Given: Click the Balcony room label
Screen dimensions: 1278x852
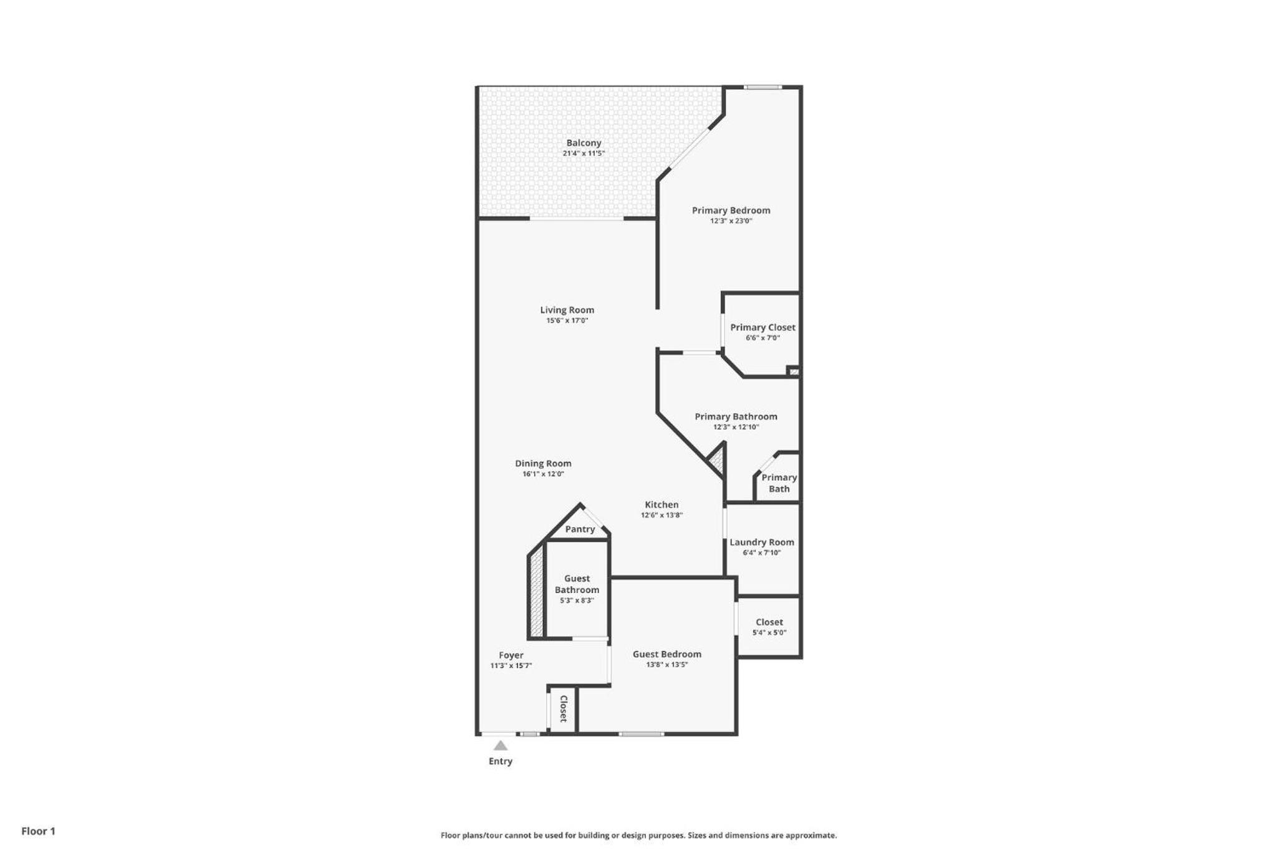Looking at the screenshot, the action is [583, 143].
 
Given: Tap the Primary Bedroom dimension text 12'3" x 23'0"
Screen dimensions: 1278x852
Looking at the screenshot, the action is [731, 221].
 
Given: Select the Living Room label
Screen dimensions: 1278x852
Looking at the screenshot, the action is [567, 310].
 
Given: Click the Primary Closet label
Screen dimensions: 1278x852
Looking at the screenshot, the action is [763, 328].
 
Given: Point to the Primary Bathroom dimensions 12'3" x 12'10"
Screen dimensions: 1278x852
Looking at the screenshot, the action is [736, 428].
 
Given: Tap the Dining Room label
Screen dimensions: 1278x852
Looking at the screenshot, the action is [543, 464].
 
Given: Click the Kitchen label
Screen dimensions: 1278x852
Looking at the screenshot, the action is [661, 505].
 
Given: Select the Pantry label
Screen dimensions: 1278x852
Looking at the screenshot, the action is [580, 529].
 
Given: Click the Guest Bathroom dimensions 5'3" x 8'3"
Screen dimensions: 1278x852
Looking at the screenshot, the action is [577, 600].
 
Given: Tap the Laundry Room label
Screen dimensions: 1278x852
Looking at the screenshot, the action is [762, 542].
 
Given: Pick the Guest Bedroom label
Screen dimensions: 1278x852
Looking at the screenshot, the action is [666, 654].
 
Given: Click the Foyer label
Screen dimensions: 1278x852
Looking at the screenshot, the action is [510, 655].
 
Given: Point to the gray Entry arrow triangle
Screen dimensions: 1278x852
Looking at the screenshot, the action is [500, 745].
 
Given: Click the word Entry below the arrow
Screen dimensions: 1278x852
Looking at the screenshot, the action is [500, 761].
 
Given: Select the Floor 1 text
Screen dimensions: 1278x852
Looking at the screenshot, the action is [38, 831].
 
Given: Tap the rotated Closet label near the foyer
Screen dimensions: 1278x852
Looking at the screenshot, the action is [563, 709].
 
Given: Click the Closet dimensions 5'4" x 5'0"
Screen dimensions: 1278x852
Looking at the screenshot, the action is [769, 633].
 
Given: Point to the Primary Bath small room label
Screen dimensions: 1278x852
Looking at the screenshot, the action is [779, 483].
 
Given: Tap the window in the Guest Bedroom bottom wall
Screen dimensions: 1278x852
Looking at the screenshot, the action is [641, 734].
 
